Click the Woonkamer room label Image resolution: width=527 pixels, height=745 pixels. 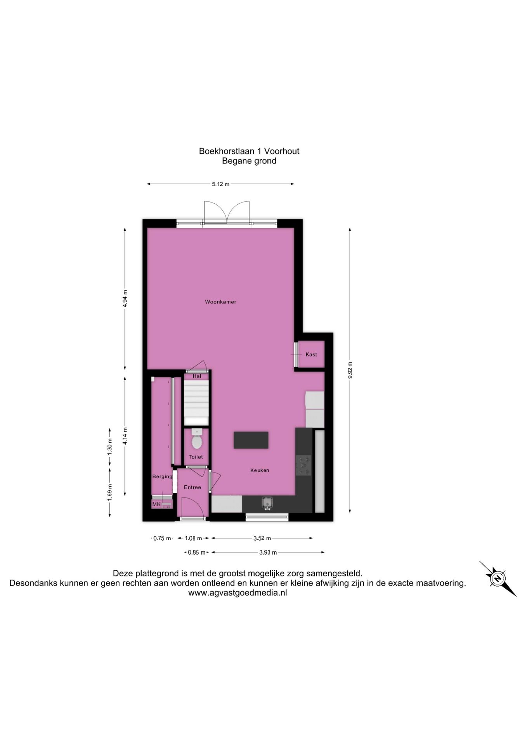pyautogui.click(x=220, y=302)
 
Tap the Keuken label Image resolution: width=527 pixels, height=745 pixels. pyautogui.click(x=260, y=470)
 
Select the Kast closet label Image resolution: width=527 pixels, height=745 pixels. pyautogui.click(x=311, y=354)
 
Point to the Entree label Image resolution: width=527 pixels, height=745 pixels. pyautogui.click(x=192, y=487)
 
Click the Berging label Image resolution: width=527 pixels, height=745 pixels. pyautogui.click(x=162, y=476)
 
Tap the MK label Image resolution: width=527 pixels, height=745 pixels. pyautogui.click(x=156, y=504)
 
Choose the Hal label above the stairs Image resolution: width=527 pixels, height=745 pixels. pyautogui.click(x=197, y=376)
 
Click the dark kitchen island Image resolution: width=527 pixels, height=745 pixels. pyautogui.click(x=251, y=440)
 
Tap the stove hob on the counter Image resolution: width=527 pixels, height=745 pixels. pyautogui.click(x=303, y=465)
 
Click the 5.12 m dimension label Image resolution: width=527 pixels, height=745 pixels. pyautogui.click(x=220, y=184)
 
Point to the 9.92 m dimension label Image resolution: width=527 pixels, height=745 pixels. pyautogui.click(x=350, y=370)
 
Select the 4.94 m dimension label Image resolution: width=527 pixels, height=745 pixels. pyautogui.click(x=125, y=298)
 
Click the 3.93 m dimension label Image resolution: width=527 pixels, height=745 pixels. pyautogui.click(x=268, y=553)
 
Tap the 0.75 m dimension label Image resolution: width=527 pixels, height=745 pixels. pyautogui.click(x=162, y=538)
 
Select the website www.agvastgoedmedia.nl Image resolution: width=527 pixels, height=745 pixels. pyautogui.click(x=237, y=593)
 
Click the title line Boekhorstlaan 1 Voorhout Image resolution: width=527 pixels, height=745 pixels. pyautogui.click(x=249, y=151)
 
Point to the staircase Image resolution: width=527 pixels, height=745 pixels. pyautogui.click(x=196, y=403)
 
